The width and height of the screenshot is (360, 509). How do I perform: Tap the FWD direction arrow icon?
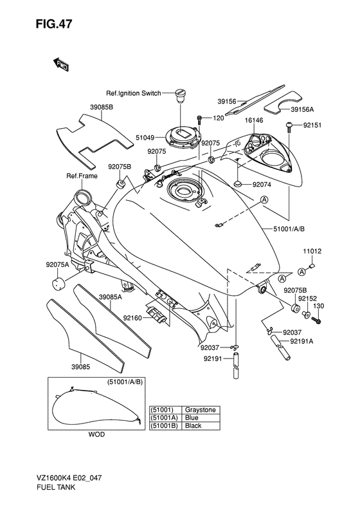[x=61, y=64]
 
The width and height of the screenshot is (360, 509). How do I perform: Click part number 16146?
[x=254, y=120]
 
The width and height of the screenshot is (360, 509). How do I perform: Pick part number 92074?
[x=262, y=184]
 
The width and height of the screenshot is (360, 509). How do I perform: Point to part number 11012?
[x=312, y=252]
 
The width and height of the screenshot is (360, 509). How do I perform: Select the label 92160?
[x=133, y=318]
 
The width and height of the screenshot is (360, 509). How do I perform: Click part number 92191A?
[x=301, y=341]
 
